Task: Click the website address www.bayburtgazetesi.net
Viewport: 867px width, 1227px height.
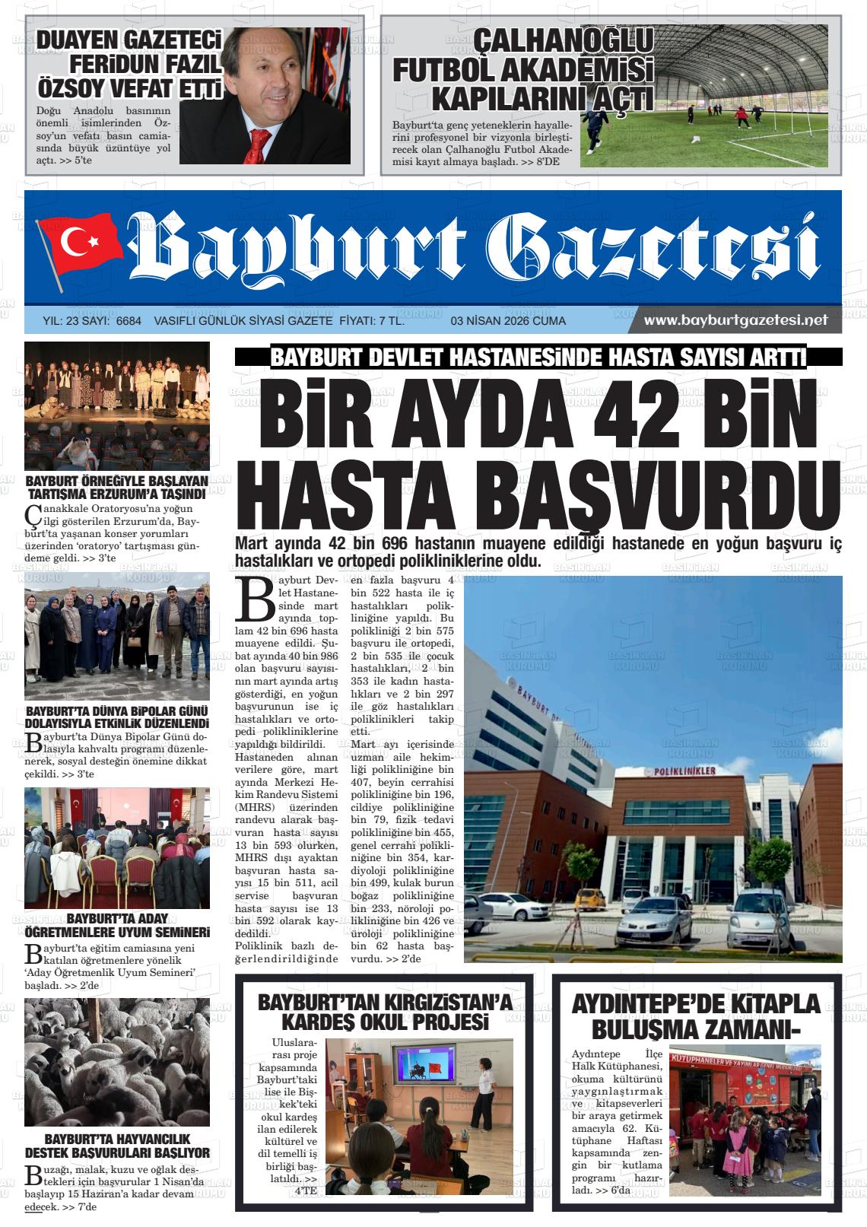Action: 735,320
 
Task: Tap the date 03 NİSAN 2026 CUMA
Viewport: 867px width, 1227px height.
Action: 508,321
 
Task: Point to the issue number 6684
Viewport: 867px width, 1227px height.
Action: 129,321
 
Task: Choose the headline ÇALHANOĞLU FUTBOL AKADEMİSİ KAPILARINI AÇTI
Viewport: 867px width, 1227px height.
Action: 522,70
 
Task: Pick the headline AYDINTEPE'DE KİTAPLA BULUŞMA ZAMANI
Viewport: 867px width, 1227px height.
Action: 695,1015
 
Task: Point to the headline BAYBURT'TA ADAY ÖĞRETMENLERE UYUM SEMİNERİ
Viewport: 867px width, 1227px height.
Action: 117,925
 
